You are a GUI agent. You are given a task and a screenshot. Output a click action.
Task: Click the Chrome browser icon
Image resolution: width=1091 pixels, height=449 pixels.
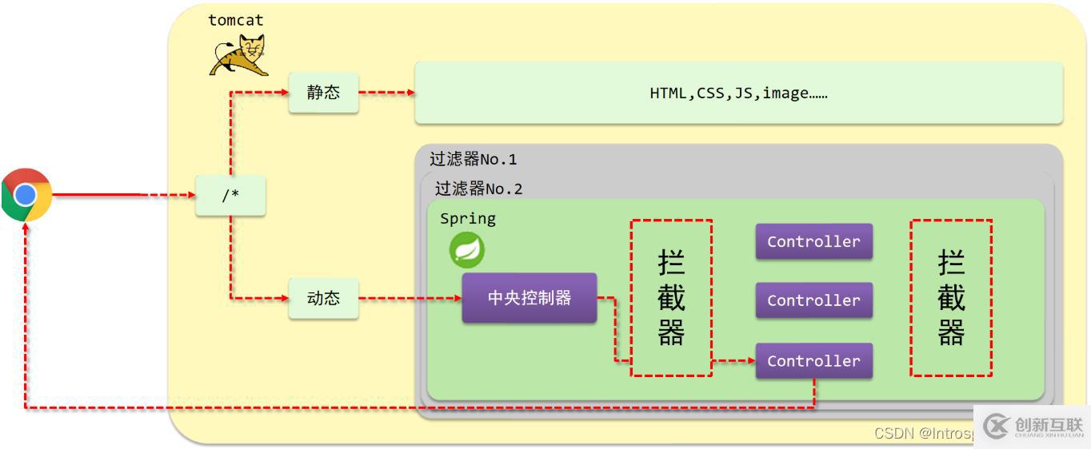click(26, 194)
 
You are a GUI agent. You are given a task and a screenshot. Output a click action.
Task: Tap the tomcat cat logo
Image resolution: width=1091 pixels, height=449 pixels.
click(238, 56)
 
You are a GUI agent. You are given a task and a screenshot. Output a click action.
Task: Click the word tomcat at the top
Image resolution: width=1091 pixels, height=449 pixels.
click(236, 20)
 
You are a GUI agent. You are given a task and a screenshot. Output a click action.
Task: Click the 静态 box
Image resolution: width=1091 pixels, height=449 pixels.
click(323, 93)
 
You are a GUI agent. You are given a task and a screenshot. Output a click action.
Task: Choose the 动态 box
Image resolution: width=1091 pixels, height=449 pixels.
click(323, 298)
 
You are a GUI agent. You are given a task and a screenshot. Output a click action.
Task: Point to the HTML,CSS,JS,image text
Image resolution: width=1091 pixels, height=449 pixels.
click(738, 93)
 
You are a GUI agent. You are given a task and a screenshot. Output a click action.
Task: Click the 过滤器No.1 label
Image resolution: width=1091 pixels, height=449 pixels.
click(474, 159)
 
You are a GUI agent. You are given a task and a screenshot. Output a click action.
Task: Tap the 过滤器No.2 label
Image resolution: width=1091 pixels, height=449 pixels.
click(478, 189)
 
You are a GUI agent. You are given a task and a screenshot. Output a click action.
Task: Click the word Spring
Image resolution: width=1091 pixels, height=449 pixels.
click(468, 218)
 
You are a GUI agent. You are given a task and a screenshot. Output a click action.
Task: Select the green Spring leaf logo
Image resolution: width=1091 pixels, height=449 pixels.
click(467, 250)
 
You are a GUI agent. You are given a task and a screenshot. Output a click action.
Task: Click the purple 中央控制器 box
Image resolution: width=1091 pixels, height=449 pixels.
click(530, 298)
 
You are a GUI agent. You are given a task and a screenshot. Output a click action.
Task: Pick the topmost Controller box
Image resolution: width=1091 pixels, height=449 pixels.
click(813, 241)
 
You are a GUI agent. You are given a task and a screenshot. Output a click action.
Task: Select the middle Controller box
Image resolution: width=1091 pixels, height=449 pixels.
click(813, 300)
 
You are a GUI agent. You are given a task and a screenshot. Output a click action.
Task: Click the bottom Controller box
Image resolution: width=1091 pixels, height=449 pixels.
click(813, 361)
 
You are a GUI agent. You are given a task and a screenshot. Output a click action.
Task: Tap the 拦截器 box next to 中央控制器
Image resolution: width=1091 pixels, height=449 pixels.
click(671, 298)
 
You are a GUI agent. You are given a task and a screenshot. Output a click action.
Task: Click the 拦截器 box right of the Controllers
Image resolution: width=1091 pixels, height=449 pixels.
click(951, 298)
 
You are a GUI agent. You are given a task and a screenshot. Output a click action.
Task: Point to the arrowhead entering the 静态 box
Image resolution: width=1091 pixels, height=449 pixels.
click(284, 93)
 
